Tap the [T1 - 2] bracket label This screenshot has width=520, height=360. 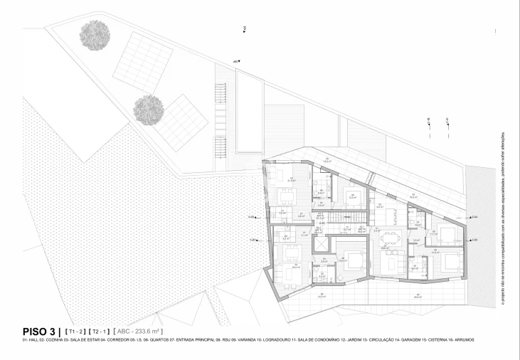[75, 332]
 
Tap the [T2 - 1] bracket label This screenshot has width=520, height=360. [100, 332]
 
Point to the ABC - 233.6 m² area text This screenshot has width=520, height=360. [139, 332]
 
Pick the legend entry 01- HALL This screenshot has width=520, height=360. [14, 340]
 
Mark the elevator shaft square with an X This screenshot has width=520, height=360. [324, 245]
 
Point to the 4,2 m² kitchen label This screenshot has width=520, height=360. [285, 238]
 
